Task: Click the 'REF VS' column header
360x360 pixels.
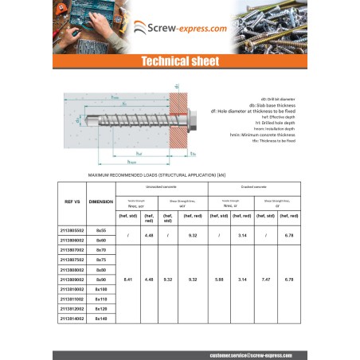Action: coord(72,202)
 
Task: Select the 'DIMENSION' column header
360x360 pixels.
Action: coord(100,202)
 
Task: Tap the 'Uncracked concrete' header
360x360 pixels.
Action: coord(162,186)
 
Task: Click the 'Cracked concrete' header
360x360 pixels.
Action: coord(254,186)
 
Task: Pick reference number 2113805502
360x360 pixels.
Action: coord(72,229)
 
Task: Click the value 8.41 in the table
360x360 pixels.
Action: coord(129,280)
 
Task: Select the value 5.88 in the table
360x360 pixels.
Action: coord(220,280)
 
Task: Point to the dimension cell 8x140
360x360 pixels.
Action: coord(100,318)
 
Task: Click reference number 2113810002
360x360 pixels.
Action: coord(72,289)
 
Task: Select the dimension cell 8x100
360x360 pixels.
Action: coord(100,289)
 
